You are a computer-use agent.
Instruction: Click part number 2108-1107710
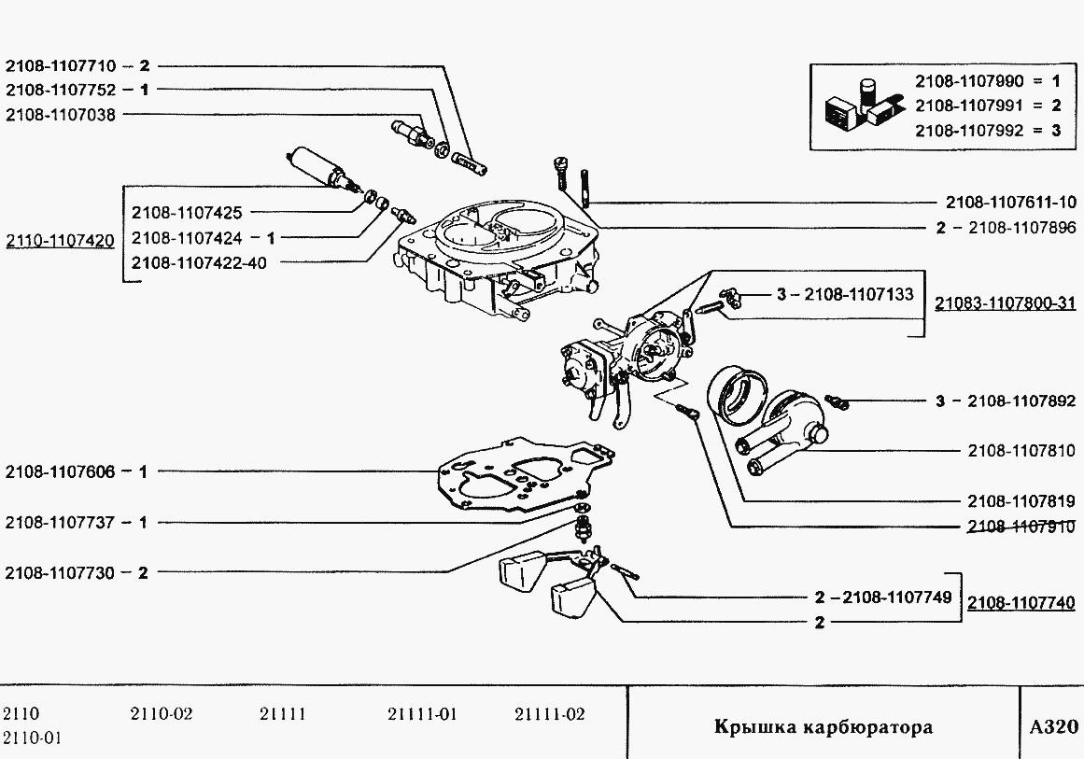click(60, 66)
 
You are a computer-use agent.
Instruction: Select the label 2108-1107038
click(60, 114)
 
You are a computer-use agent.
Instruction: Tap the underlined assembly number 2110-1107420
click(60, 241)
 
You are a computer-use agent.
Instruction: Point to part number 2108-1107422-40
click(199, 263)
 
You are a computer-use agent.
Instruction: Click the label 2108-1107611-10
click(1010, 203)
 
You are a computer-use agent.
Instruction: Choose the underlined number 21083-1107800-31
click(1005, 303)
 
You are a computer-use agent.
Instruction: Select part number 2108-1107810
click(1021, 451)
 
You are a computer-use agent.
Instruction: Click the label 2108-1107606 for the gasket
click(60, 472)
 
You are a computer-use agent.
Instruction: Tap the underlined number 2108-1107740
click(1021, 603)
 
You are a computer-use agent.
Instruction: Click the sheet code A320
click(1053, 727)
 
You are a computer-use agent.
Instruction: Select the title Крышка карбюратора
click(823, 727)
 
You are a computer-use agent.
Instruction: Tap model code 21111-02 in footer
click(549, 715)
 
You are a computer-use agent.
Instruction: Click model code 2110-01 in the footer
click(33, 738)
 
